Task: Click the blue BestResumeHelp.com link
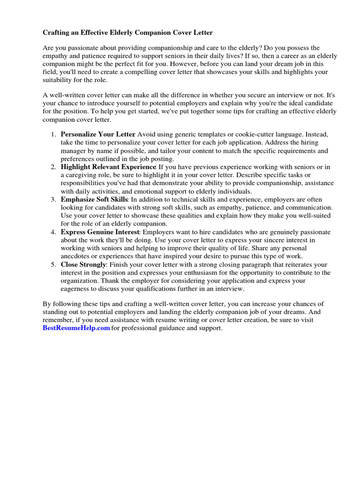[76, 328]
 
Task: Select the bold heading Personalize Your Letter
[98, 135]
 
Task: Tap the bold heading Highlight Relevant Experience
[108, 167]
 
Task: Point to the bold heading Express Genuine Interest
[100, 232]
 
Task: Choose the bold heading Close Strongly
[83, 264]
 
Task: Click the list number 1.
[53, 135]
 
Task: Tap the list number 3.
[53, 199]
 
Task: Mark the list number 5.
[53, 264]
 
